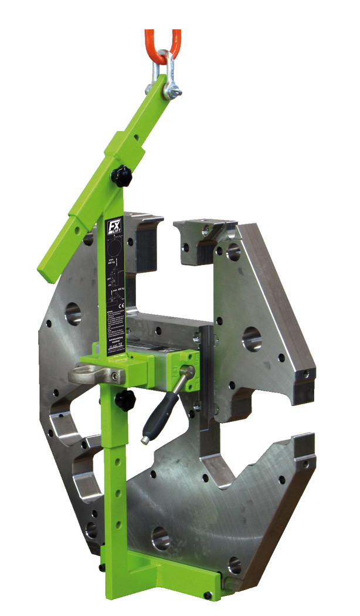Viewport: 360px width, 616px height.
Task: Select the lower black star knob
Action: point(124,401)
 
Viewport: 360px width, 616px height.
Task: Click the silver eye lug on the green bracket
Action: point(86,374)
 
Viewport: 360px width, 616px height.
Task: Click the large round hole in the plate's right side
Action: point(252,339)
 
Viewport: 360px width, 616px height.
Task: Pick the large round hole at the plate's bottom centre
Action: point(161,537)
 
